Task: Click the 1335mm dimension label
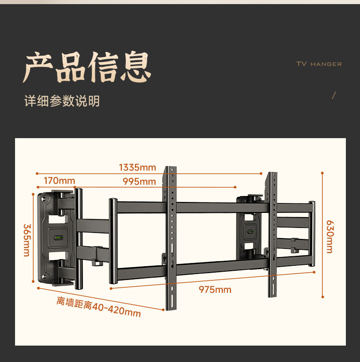[137, 167]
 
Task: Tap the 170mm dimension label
[59, 181]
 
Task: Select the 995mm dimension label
[139, 181]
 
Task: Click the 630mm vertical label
[329, 237]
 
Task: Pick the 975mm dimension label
[215, 290]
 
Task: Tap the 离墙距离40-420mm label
[98, 307]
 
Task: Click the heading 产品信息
[87, 67]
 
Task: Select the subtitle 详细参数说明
[62, 101]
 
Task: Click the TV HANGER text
[319, 64]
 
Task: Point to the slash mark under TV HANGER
[334, 95]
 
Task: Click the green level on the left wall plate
[58, 238]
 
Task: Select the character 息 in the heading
[135, 67]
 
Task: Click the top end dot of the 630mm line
[322, 173]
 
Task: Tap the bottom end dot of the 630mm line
[323, 297]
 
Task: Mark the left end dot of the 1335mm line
[36, 173]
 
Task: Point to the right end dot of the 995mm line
[236, 187]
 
